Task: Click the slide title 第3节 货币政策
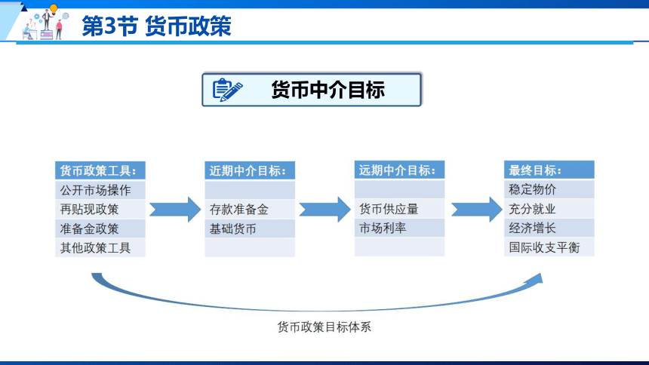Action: [x=156, y=26]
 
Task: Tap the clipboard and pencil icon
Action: [x=227, y=90]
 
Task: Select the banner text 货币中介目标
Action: [x=328, y=90]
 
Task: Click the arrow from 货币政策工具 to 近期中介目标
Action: [x=175, y=210]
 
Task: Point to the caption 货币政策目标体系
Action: [x=324, y=327]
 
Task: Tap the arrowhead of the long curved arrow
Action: [x=536, y=278]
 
